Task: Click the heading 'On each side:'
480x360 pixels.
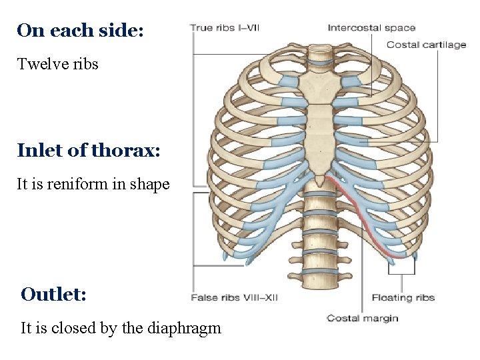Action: [x=80, y=31]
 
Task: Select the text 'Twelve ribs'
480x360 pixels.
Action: [x=58, y=64]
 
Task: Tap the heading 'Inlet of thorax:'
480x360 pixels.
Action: [x=89, y=150]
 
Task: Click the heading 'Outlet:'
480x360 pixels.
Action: [x=53, y=294]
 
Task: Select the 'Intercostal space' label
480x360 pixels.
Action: [x=371, y=28]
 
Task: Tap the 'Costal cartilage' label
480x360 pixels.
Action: [x=426, y=45]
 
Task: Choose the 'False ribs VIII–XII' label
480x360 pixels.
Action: [x=234, y=297]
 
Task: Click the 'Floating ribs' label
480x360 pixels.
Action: [x=403, y=297]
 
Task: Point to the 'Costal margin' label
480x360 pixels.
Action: [x=362, y=318]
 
